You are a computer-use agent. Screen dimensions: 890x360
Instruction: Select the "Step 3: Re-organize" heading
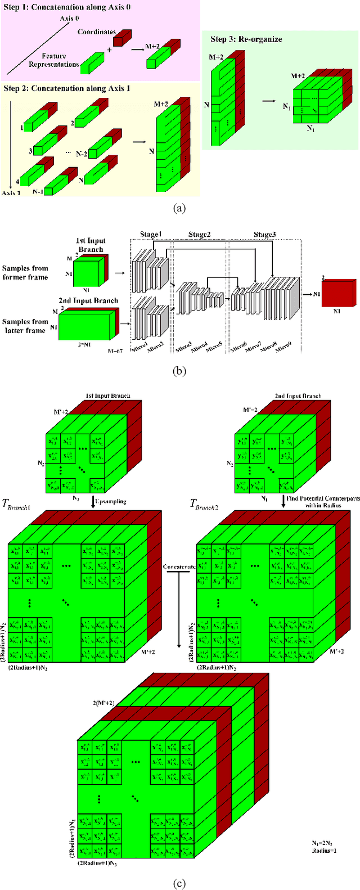(x=246, y=39)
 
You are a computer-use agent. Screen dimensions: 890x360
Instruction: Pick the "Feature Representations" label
(x=54, y=60)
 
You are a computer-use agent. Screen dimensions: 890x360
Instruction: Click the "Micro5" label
(x=214, y=348)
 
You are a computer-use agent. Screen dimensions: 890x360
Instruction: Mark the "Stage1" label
(x=151, y=235)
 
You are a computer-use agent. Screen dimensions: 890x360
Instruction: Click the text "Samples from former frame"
(x=25, y=272)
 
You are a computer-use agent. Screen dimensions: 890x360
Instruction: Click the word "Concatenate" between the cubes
(x=178, y=567)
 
